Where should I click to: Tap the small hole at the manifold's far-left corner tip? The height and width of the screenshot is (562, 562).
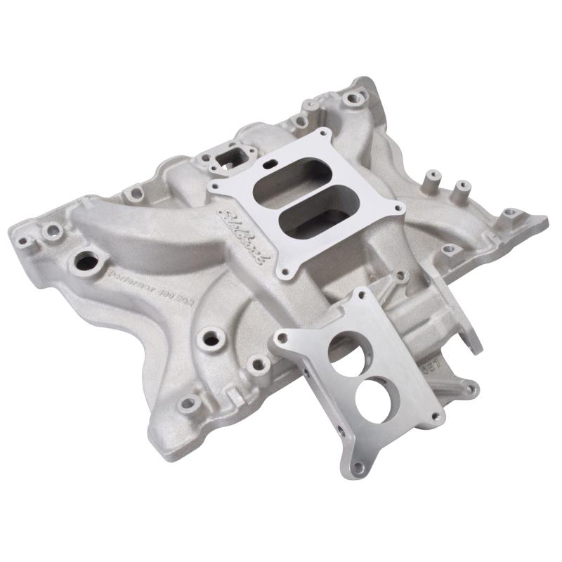point(24,240)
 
